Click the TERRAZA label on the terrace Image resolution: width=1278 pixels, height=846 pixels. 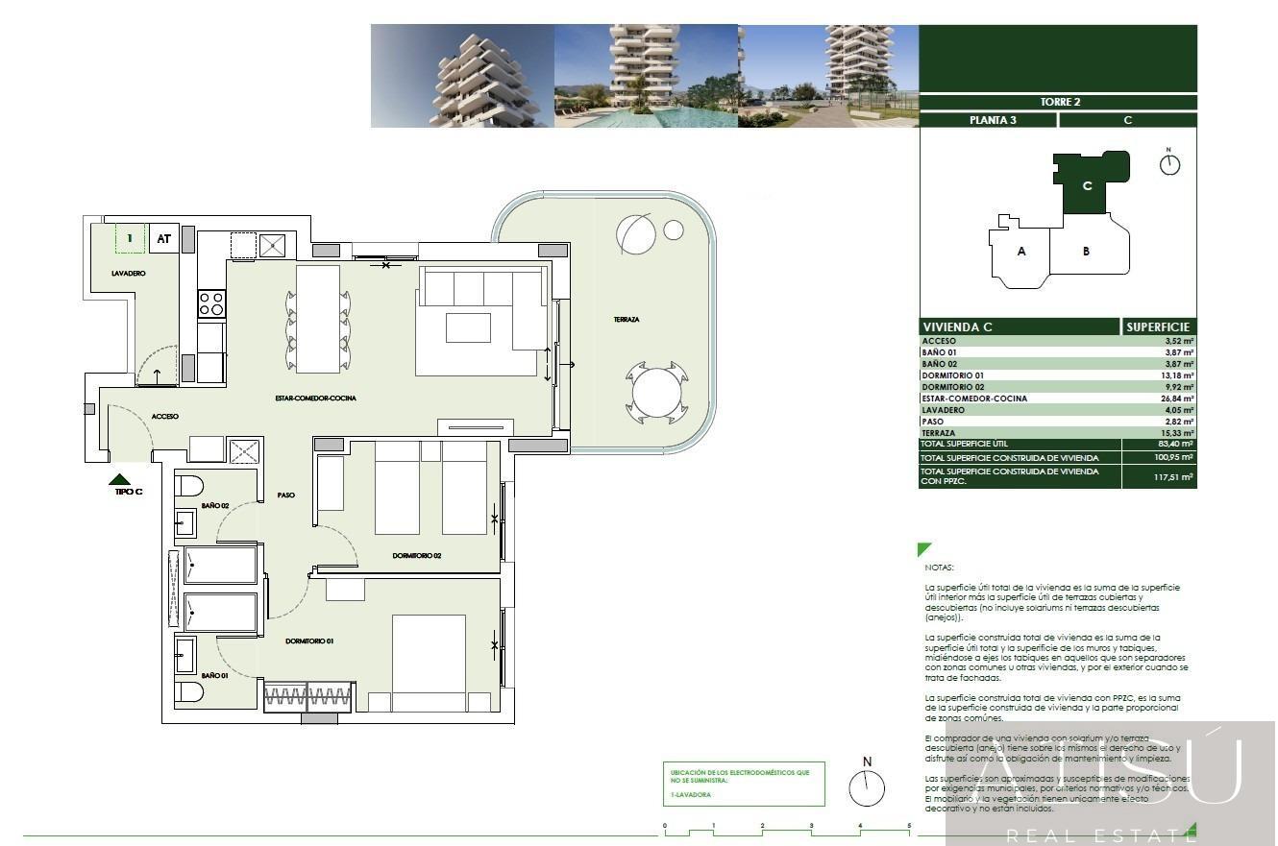pyautogui.click(x=627, y=320)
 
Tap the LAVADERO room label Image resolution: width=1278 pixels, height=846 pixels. pyautogui.click(x=128, y=274)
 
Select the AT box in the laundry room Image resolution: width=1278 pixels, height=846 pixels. pyautogui.click(x=164, y=239)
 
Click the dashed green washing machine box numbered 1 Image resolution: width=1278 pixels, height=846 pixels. pyautogui.click(x=130, y=238)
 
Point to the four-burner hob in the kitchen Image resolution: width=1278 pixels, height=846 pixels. pyautogui.click(x=210, y=304)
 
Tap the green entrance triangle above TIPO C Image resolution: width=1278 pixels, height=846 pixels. pyautogui.click(x=120, y=478)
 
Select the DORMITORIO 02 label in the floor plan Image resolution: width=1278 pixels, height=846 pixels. pyautogui.click(x=416, y=556)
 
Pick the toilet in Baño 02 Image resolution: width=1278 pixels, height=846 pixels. pyautogui.click(x=189, y=485)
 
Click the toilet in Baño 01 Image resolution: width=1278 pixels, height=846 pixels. pyautogui.click(x=189, y=691)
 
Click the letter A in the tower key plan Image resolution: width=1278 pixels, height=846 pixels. pyautogui.click(x=1021, y=252)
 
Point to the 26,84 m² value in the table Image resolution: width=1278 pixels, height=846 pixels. pyautogui.click(x=1178, y=399)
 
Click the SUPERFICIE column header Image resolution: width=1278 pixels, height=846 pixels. pyautogui.click(x=1159, y=327)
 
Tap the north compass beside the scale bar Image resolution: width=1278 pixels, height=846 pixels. pyautogui.click(x=867, y=787)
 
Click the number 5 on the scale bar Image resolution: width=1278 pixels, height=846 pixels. pyautogui.click(x=909, y=826)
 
